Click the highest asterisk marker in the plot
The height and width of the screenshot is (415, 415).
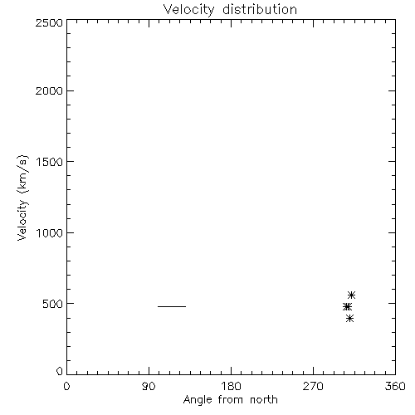coord(351,295)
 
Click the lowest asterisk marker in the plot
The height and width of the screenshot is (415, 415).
coord(349,318)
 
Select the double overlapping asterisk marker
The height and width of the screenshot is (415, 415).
coord(347,307)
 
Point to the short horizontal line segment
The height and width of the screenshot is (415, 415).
coord(172,306)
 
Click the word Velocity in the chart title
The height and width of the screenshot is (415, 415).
coord(188,9)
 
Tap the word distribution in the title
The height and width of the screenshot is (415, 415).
coord(260,9)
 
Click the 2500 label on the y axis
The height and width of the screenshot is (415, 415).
coord(49,22)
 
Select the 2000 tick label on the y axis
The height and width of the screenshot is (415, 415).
coord(49,90)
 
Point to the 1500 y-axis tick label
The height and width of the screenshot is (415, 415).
coord(50,162)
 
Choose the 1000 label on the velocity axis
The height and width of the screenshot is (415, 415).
coord(50,232)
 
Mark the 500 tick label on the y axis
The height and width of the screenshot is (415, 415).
coord(53,304)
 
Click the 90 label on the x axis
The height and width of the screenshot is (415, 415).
coord(149,386)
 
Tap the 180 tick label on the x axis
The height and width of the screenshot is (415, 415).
coord(231,386)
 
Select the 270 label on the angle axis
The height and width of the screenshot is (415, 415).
coord(313,386)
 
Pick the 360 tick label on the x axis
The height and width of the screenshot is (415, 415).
coord(395,386)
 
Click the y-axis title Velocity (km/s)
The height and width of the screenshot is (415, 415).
coord(22,198)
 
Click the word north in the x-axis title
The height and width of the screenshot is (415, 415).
coord(264,400)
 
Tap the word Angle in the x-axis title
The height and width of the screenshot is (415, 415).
coord(198,400)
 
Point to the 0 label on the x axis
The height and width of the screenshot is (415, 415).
coord(66,386)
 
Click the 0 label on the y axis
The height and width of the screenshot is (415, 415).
coord(60,371)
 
